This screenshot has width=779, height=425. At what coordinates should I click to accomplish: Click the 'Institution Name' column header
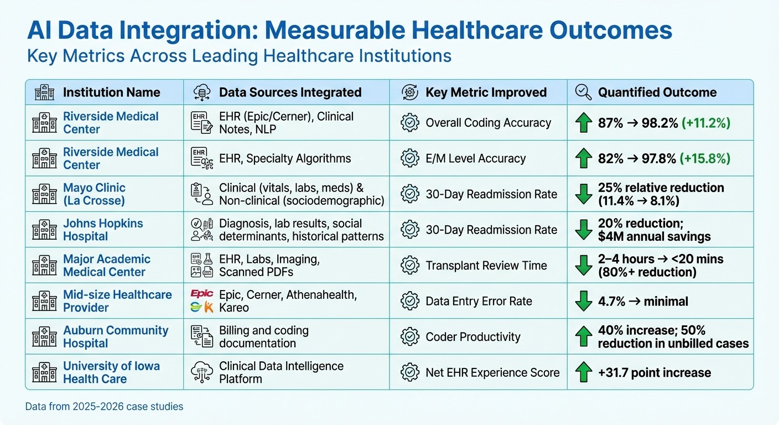tap(111, 92)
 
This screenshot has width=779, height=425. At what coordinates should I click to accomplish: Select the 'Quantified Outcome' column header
tap(657, 92)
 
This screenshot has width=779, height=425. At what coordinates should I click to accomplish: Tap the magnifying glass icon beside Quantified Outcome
tap(584, 92)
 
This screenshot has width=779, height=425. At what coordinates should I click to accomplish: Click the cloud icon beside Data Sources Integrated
tap(202, 92)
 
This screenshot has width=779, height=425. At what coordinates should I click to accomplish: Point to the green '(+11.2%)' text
tap(702, 123)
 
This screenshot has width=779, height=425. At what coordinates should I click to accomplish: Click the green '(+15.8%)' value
tap(702, 159)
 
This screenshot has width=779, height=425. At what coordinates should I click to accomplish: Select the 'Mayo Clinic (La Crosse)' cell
tap(95, 194)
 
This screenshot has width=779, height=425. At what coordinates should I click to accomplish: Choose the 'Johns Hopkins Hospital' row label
tap(103, 230)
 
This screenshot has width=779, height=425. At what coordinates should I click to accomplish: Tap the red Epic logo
tap(201, 294)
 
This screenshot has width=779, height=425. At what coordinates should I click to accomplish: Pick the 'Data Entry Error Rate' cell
tap(479, 302)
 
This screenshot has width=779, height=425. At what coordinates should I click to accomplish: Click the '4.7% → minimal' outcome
tap(643, 302)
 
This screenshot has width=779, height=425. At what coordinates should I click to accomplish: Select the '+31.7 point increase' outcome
tap(655, 372)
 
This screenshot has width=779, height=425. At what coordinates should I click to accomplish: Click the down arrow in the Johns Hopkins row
tap(584, 230)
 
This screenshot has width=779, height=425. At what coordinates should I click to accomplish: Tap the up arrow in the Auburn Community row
tap(584, 337)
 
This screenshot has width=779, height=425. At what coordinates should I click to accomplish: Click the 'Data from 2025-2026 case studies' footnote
tap(104, 407)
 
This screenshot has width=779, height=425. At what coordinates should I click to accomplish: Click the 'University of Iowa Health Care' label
tap(111, 372)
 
